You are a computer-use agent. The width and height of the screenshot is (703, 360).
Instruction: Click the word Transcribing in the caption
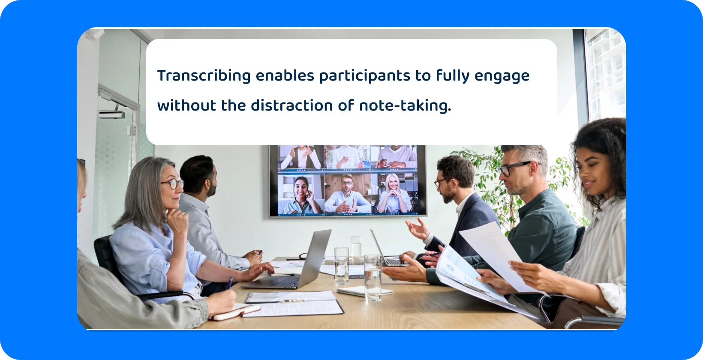[204, 76]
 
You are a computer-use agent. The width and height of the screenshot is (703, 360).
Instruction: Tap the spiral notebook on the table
[364, 291]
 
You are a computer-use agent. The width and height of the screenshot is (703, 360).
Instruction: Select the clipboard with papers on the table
[296, 305]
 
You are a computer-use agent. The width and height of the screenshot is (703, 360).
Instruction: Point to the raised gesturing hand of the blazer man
[417, 229]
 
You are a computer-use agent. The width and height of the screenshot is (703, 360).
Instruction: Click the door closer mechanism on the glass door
[112, 114]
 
